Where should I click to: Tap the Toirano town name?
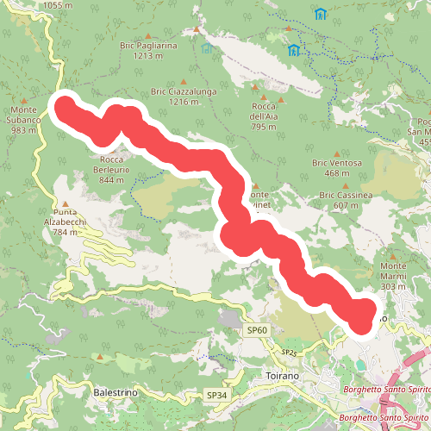click(283, 377)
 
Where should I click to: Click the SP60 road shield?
click(258, 329)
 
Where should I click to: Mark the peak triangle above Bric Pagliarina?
click(197, 30)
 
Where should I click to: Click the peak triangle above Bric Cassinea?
click(345, 185)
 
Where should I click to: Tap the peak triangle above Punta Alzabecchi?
click(65, 204)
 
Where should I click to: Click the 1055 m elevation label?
click(56, 5)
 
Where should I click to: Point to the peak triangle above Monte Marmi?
click(393, 255)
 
